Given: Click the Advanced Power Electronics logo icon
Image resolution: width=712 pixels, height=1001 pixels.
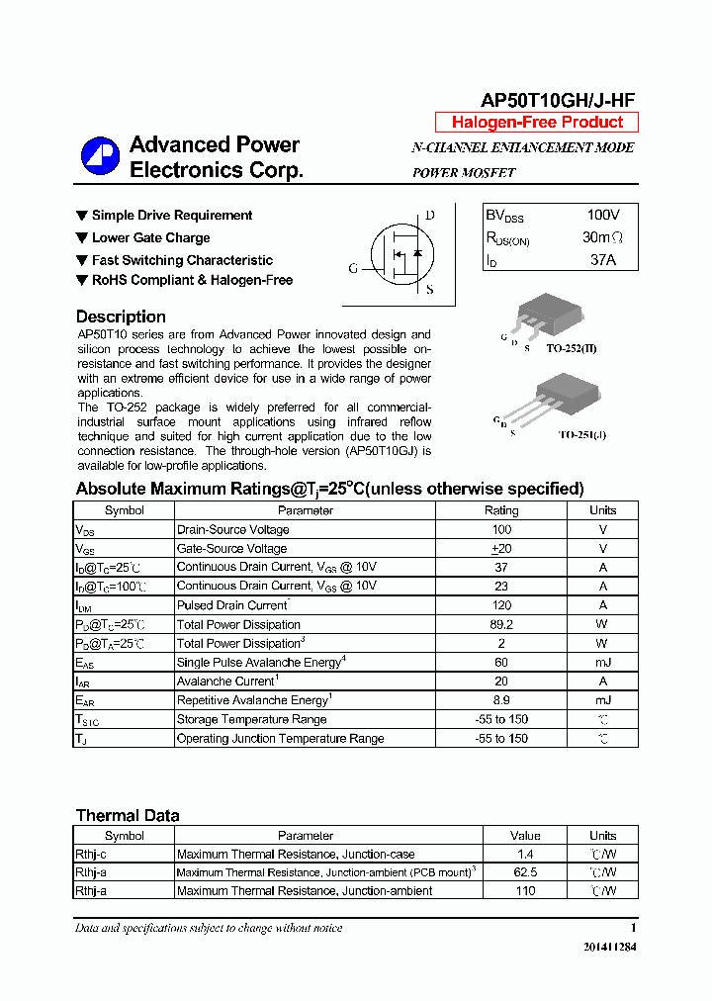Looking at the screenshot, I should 100,157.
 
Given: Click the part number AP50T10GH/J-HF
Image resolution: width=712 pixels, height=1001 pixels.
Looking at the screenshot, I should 557,101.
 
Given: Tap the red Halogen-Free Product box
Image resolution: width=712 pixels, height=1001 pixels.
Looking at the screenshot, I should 537,123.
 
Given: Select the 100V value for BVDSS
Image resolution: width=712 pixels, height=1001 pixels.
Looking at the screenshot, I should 602,215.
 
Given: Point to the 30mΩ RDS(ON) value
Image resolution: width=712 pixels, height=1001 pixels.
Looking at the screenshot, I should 602,237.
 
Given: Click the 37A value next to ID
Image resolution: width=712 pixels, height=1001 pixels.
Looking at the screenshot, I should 602,260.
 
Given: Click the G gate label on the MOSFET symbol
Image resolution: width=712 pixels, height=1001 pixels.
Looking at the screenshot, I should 353,268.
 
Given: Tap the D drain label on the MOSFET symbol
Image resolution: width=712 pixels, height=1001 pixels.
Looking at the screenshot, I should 429,216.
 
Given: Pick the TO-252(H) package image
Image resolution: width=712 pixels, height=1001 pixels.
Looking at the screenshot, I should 543,316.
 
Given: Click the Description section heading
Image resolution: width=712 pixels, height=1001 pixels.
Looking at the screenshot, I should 121,317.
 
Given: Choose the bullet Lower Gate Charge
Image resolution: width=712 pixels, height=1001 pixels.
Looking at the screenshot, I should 150,237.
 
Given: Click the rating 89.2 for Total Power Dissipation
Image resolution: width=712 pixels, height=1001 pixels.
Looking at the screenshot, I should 500,624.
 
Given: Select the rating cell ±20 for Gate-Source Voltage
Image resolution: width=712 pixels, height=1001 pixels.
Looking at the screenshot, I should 500,548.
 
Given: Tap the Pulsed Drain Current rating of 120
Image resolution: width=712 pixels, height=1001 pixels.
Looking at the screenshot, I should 500,605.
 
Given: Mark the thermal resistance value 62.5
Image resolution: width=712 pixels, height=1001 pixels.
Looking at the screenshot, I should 525,872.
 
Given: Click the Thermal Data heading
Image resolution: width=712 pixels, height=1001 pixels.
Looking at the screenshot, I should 128,816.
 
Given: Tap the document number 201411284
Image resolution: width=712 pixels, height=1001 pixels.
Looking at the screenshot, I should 609,947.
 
